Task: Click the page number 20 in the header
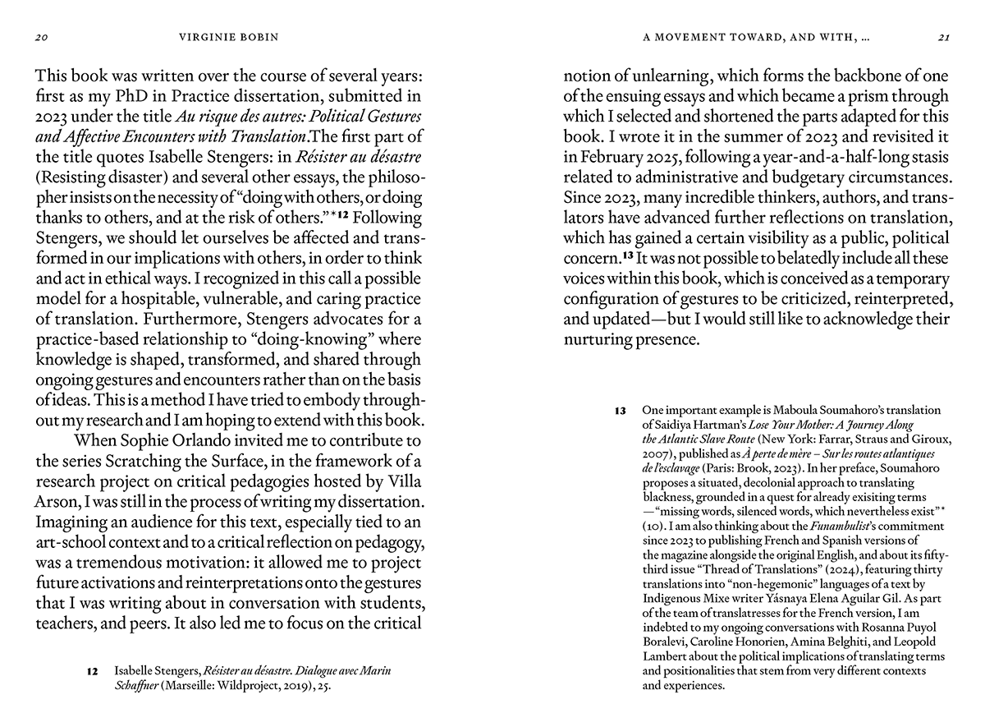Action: pyautogui.click(x=40, y=37)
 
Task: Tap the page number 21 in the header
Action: pyautogui.click(x=942, y=37)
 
